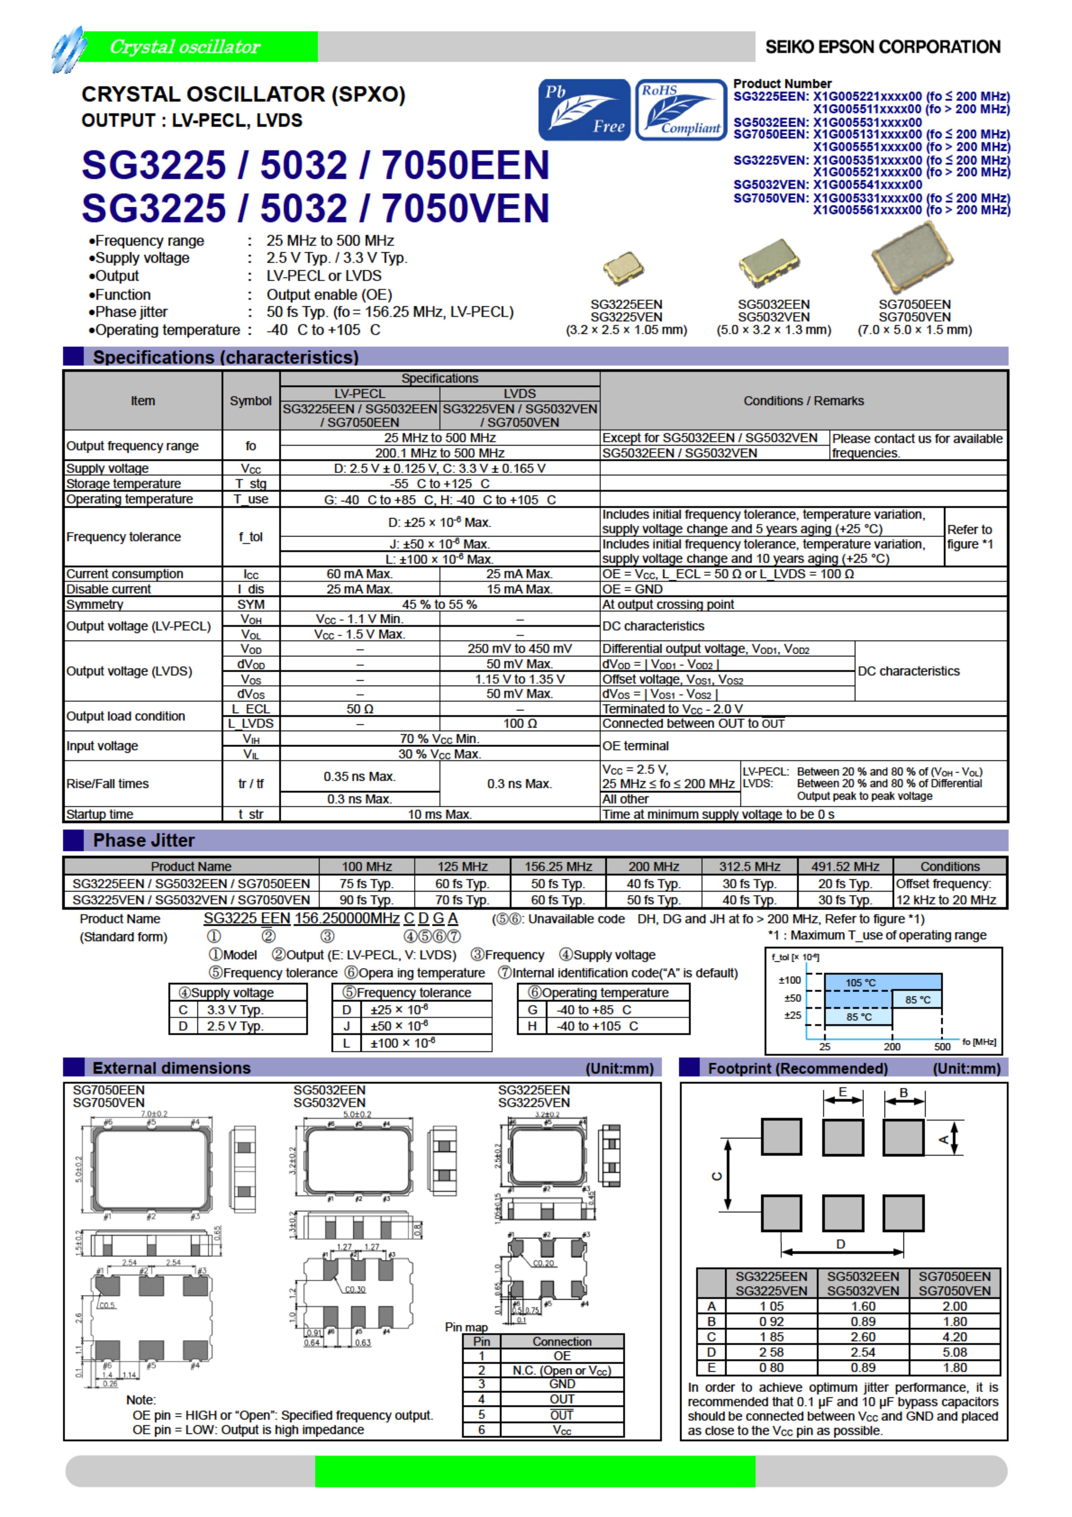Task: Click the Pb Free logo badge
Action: point(584,110)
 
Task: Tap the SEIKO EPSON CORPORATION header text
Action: point(883,47)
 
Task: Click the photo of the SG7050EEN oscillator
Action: point(912,258)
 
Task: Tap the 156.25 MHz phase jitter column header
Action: point(558,866)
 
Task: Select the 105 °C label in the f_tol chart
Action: point(860,983)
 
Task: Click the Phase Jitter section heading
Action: point(143,840)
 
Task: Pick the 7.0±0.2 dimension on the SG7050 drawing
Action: point(154,1113)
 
